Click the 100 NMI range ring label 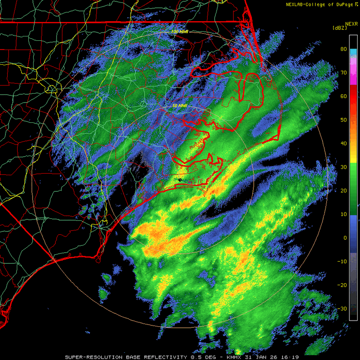click(x=180, y=32)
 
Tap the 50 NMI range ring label click(x=180, y=106)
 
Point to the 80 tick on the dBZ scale click(x=344, y=49)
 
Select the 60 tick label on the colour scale click(x=344, y=96)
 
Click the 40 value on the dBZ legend click(x=344, y=143)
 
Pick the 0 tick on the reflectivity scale click(x=344, y=238)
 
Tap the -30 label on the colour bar click(x=343, y=309)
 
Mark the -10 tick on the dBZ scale click(x=343, y=261)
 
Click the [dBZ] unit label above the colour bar click(x=339, y=28)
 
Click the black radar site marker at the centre click(x=180, y=180)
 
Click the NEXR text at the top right click(x=351, y=23)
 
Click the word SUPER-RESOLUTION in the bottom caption click(x=91, y=357)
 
